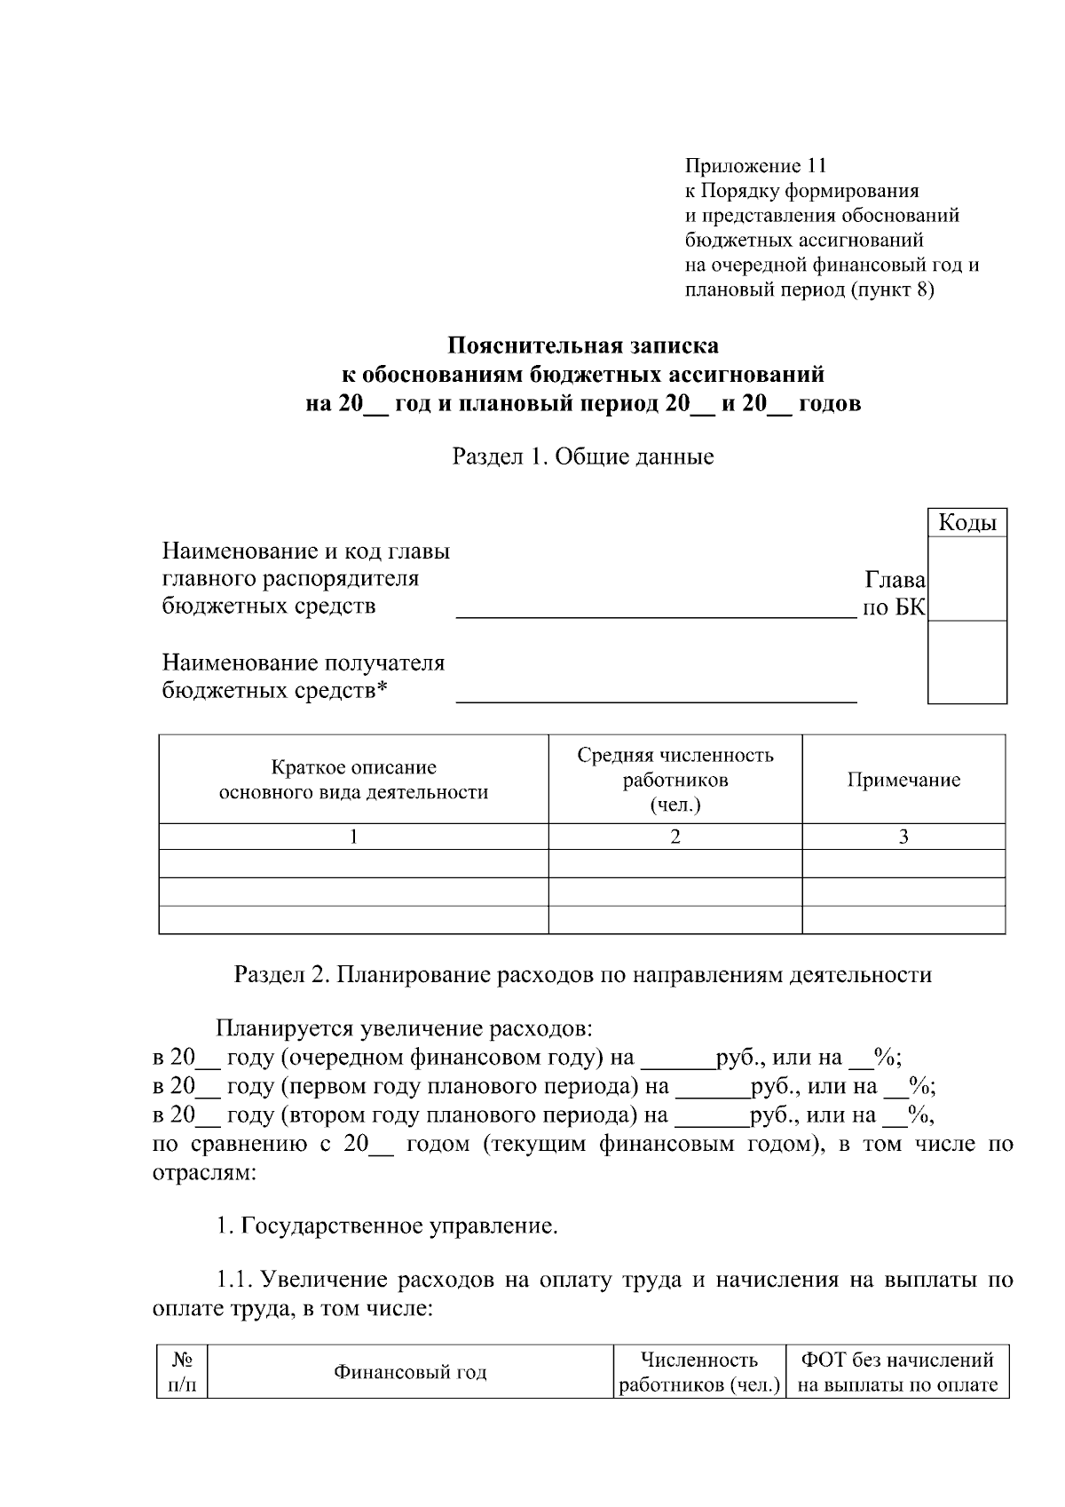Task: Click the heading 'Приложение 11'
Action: (755, 166)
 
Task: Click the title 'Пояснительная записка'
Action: (582, 345)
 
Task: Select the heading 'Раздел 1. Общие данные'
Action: (583, 457)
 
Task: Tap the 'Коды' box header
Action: (966, 523)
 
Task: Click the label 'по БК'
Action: (894, 607)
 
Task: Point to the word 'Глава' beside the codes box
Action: (895, 580)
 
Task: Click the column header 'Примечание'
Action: (903, 780)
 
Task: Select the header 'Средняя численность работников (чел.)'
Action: (674, 780)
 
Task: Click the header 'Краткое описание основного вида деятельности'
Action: (353, 780)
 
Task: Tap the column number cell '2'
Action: (674, 837)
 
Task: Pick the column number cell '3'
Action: (903, 837)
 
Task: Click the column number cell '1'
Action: (353, 837)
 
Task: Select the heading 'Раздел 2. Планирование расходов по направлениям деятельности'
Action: (582, 975)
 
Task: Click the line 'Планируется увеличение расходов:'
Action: (404, 1029)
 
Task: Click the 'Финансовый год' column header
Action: (410, 1372)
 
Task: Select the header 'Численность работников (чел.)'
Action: (698, 1372)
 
